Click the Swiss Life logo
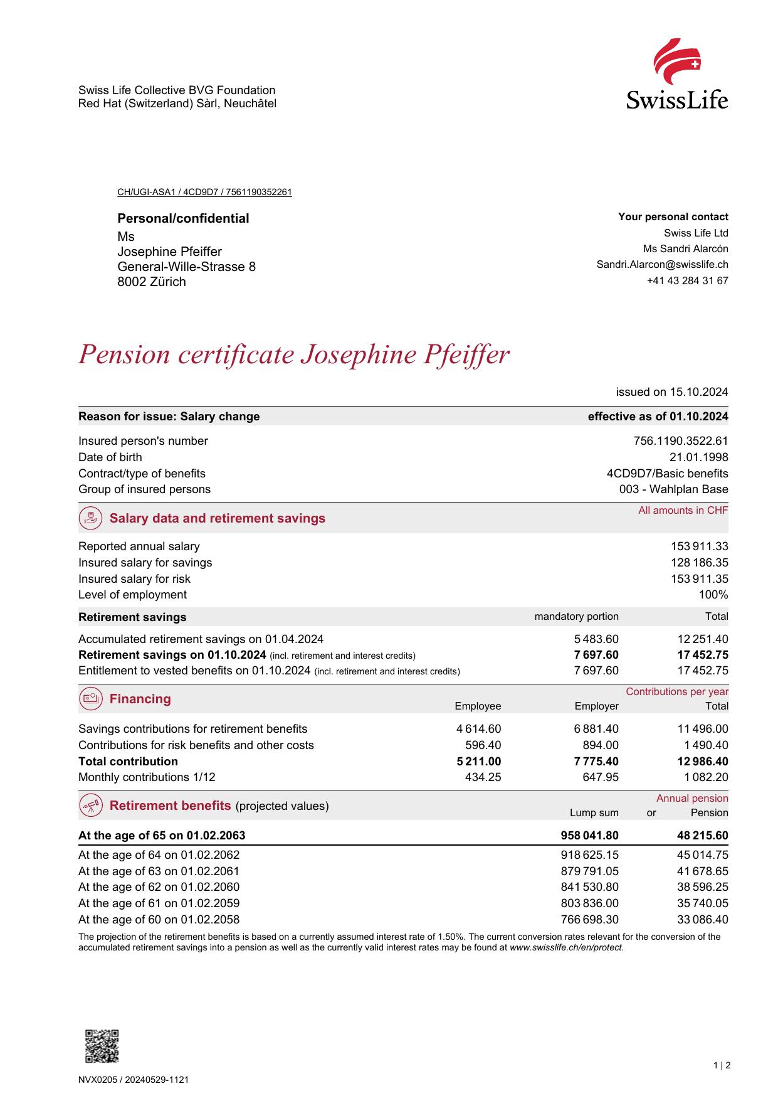point(677,74)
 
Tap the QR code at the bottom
point(102,1046)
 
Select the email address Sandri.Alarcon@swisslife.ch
point(662,265)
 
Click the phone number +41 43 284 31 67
point(687,281)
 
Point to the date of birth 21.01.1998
point(698,457)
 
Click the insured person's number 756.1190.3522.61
point(681,441)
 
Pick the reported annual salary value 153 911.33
point(699,546)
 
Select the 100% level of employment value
point(713,595)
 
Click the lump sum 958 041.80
point(589,836)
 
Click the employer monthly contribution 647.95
point(601,777)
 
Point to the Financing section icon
point(92,699)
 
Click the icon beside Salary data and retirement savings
point(92,518)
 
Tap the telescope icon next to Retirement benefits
point(92,806)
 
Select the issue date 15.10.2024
point(698,392)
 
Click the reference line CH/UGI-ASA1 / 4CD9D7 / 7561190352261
point(204,192)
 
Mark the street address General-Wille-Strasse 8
point(186,267)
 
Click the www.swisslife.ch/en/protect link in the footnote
point(566,948)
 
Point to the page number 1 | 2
point(722,1065)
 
